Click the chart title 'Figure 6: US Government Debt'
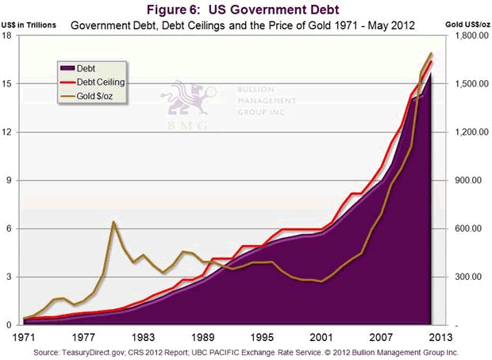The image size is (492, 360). [x=245, y=10]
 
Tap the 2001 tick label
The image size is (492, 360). [x=320, y=335]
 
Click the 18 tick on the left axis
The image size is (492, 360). [x=15, y=36]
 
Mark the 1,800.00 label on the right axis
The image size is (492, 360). [x=466, y=36]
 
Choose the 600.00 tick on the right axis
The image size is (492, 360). [x=467, y=228]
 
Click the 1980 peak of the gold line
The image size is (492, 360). [x=114, y=221]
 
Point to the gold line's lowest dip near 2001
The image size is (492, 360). [x=320, y=281]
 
